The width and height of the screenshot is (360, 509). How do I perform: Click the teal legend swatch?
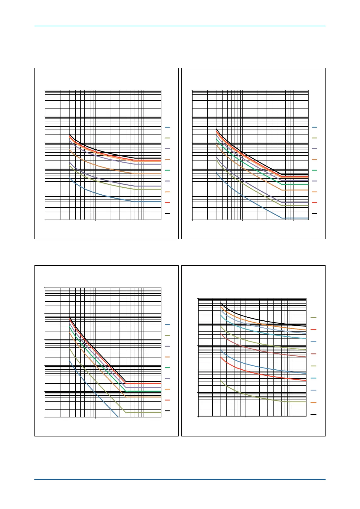[313, 378]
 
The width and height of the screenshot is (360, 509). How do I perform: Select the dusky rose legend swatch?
[313, 354]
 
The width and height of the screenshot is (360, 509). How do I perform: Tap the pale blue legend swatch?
[313, 390]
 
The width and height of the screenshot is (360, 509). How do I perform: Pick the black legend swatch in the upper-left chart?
[167, 213]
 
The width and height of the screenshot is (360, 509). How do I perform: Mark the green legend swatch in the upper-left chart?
[167, 170]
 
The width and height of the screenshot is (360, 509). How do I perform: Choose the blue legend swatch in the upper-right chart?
[314, 127]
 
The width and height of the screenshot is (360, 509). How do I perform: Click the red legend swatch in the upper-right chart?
[314, 203]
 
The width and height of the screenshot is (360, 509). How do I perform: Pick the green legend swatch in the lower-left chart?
[167, 368]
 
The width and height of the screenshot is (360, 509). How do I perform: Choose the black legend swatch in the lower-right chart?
[313, 414]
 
